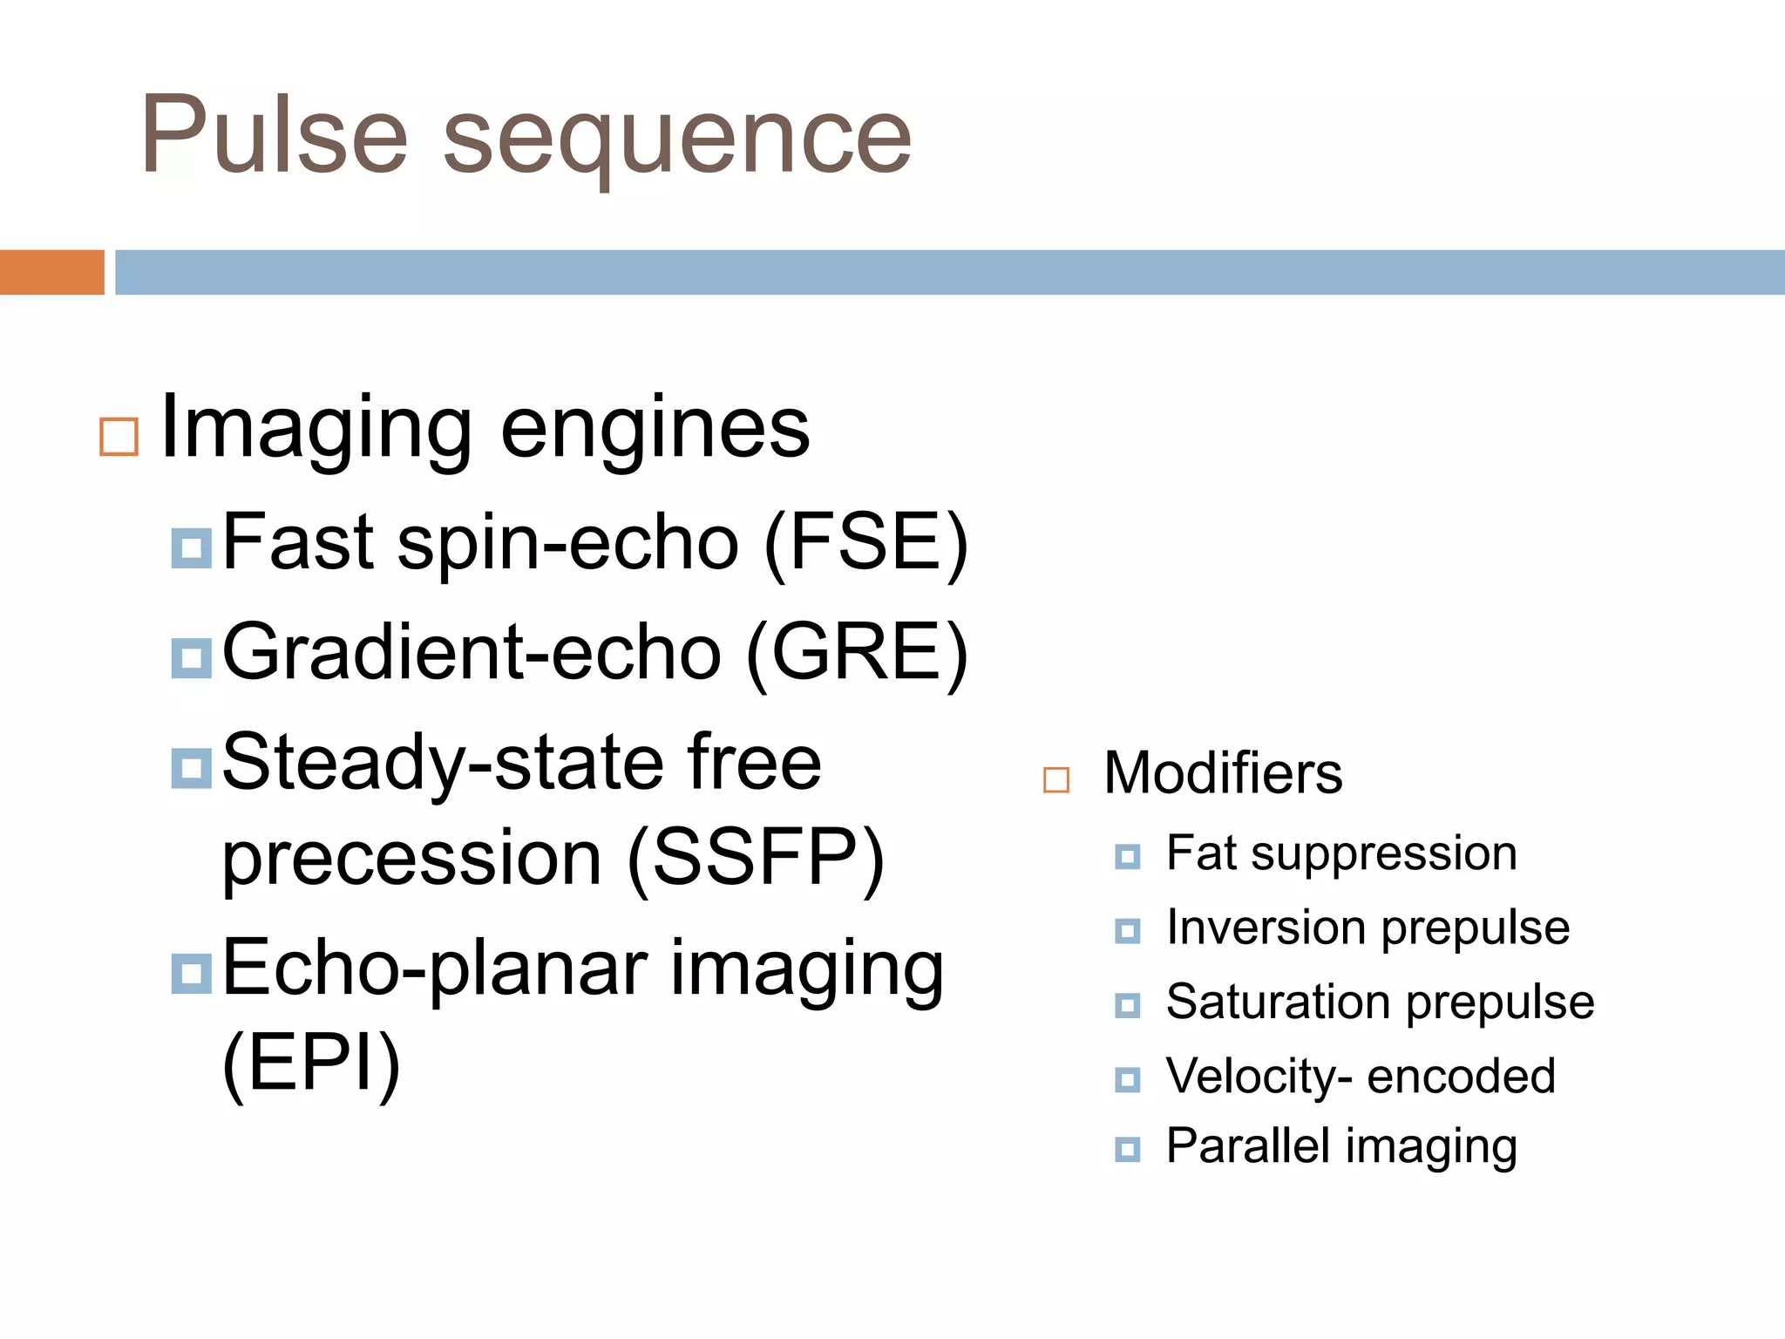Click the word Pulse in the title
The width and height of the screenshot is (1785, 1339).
point(274,135)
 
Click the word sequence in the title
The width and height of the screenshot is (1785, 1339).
point(676,139)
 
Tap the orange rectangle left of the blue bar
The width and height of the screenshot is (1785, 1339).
point(51,272)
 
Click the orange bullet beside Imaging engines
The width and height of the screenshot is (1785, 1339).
point(119,437)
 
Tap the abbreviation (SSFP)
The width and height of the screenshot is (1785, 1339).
point(755,859)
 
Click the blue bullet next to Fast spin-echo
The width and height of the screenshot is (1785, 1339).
point(192,548)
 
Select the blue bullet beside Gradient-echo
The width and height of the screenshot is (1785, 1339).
point(192,658)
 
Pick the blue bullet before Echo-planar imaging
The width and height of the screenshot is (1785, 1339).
point(192,974)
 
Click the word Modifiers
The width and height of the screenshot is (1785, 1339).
point(1223,773)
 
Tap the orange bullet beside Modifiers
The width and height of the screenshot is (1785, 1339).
point(1056,779)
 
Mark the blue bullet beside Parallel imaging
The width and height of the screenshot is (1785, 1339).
point(1127,1149)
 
